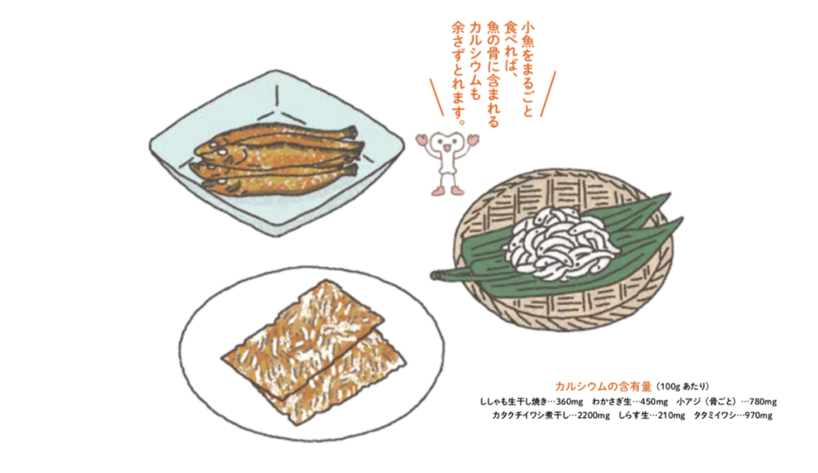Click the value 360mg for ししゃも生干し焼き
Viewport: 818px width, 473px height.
(569, 402)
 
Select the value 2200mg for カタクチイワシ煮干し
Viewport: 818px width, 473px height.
(594, 415)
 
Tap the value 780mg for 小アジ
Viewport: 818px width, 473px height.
(763, 402)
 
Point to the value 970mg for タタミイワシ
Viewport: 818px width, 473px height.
(759, 415)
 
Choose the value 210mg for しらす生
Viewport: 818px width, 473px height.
(671, 415)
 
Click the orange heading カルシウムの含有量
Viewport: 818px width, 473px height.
(603, 387)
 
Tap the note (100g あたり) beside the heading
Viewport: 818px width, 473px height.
(682, 387)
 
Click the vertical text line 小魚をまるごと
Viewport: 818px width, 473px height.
(526, 70)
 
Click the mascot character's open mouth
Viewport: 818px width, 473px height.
(447, 149)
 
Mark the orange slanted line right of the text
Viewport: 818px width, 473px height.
(548, 94)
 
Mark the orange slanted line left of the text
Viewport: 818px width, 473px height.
(437, 97)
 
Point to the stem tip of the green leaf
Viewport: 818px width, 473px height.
(433, 275)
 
